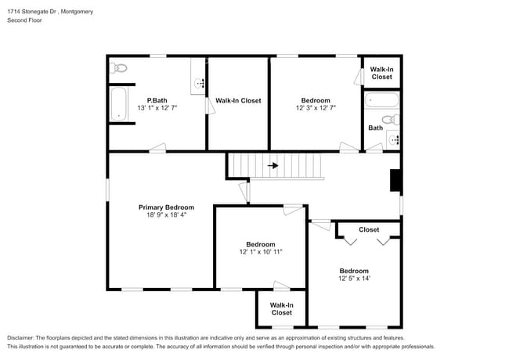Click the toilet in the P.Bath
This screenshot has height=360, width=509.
click(x=118, y=68)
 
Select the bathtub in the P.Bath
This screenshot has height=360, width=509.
click(x=118, y=104)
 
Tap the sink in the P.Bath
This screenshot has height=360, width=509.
click(x=198, y=84)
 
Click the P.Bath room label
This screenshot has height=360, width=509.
click(x=157, y=100)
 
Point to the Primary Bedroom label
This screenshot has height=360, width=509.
click(x=167, y=207)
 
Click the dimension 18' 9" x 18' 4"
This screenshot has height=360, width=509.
click(x=167, y=214)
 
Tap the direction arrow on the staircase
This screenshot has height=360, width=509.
click(x=273, y=166)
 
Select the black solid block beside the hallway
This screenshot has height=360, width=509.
click(x=395, y=180)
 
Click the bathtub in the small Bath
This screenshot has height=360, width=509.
click(x=382, y=100)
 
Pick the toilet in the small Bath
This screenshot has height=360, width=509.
click(x=391, y=120)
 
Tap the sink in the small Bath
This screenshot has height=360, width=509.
click(x=394, y=140)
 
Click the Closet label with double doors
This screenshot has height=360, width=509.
click(x=369, y=229)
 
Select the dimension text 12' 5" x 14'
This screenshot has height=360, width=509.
click(x=354, y=279)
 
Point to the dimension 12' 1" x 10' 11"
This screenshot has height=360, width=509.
click(x=261, y=252)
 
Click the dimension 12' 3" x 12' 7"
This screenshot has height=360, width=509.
click(x=316, y=108)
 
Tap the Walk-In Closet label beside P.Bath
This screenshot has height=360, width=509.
click(x=238, y=101)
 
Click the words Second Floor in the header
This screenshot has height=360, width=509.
click(x=25, y=20)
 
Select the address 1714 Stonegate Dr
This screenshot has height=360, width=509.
click(x=32, y=12)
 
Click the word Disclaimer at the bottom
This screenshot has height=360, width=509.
click(x=20, y=338)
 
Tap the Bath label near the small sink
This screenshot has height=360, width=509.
click(x=376, y=128)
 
